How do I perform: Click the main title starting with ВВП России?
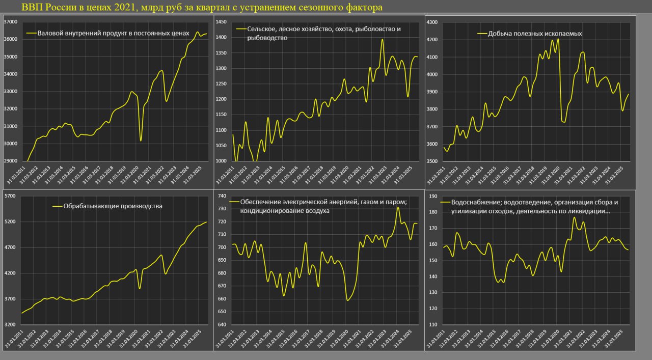click(x=202, y=8)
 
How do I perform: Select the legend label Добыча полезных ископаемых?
click(x=529, y=34)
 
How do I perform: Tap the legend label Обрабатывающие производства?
click(x=113, y=206)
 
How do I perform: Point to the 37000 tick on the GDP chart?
click(x=11, y=22)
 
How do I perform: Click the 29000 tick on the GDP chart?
click(x=11, y=161)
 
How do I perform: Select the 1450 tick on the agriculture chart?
click(x=221, y=22)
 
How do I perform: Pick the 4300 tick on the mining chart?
click(x=431, y=22)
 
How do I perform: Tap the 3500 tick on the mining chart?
click(x=431, y=161)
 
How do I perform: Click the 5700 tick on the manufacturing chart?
click(x=11, y=196)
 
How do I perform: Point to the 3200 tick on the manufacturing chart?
click(x=11, y=324)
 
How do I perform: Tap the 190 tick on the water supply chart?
click(x=433, y=196)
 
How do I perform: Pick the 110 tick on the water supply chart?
click(x=433, y=324)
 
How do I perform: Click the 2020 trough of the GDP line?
click(x=141, y=141)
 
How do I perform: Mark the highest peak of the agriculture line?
click(x=382, y=39)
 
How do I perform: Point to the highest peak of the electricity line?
click(x=398, y=207)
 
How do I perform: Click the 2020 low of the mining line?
click(x=563, y=122)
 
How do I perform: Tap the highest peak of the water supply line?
click(x=575, y=217)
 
